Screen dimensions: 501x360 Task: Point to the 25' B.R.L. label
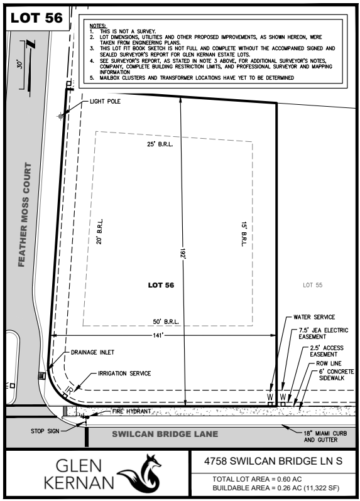(x=160, y=144)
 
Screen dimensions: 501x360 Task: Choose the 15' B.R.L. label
(x=243, y=233)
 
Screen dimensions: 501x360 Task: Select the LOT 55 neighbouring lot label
(x=312, y=284)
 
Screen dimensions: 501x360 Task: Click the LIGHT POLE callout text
(x=105, y=100)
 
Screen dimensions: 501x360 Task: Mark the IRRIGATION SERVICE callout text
(x=124, y=374)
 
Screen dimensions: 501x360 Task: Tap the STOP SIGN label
(x=44, y=431)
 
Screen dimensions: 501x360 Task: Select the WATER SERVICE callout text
(x=314, y=316)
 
